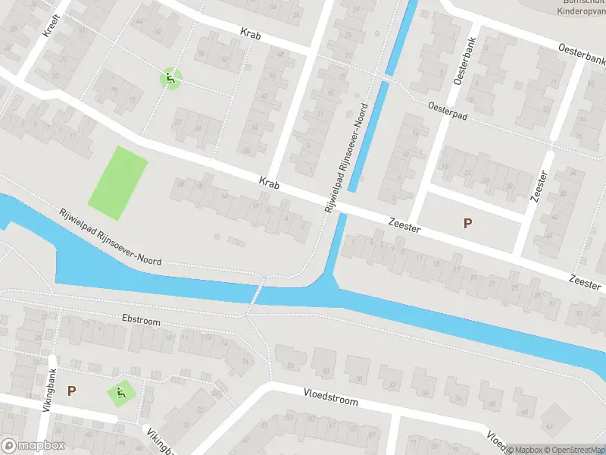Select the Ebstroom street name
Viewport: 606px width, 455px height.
[x=141, y=322]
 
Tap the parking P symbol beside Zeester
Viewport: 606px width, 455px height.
[x=467, y=223]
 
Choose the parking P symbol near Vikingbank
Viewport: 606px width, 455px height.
[x=71, y=391]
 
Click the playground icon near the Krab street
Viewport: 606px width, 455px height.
[x=171, y=77]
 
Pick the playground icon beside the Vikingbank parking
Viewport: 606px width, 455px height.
[x=120, y=394]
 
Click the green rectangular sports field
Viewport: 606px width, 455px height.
[x=118, y=179]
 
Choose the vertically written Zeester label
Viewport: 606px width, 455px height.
[x=540, y=185]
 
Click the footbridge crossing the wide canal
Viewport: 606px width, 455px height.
[x=255, y=297]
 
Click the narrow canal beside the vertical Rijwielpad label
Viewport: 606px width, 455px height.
[x=373, y=125]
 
